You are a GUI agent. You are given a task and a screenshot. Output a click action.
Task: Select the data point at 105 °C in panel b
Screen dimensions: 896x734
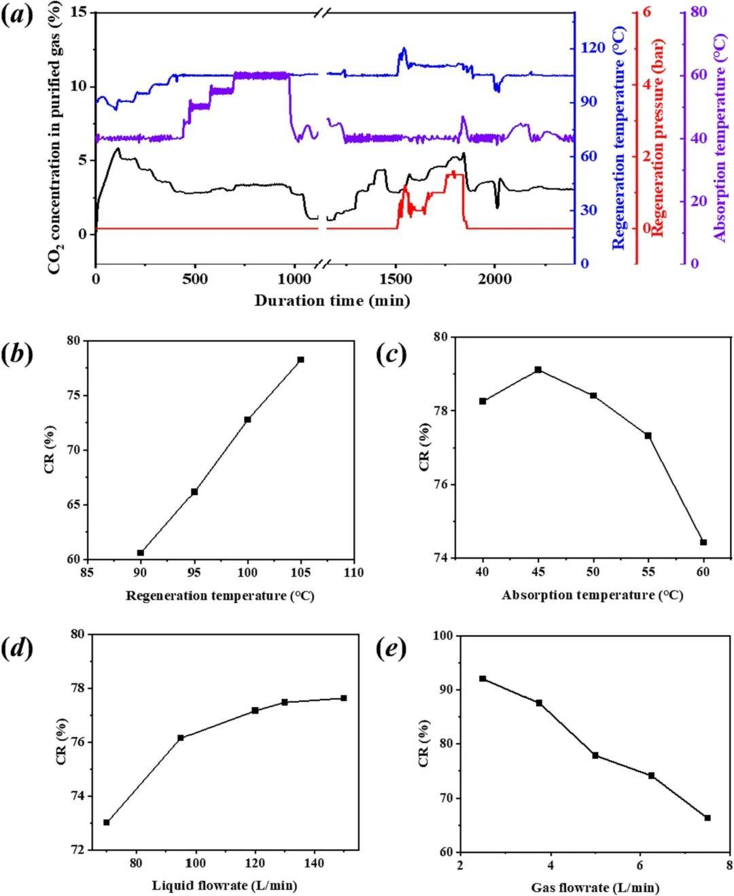[300, 360]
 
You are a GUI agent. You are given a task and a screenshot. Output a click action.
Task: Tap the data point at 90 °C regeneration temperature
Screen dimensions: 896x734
[141, 553]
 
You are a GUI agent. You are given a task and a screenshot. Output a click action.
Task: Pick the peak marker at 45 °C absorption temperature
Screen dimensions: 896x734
[538, 369]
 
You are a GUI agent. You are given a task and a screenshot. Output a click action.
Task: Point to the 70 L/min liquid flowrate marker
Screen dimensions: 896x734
[107, 823]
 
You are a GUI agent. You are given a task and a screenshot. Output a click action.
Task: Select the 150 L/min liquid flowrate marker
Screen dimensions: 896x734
[344, 698]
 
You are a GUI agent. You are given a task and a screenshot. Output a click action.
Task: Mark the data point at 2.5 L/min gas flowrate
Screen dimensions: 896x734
[483, 678]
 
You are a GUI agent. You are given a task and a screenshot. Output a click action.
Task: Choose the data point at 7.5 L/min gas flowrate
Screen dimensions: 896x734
[707, 818]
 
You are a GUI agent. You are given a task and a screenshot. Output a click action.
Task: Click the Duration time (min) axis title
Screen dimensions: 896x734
[332, 300]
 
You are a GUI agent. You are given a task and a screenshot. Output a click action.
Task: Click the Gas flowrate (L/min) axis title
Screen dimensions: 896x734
[595, 887]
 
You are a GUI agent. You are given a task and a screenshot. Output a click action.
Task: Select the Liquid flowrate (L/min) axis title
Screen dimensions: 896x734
[225, 885]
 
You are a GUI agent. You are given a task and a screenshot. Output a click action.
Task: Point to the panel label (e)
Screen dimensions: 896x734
[393, 649]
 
